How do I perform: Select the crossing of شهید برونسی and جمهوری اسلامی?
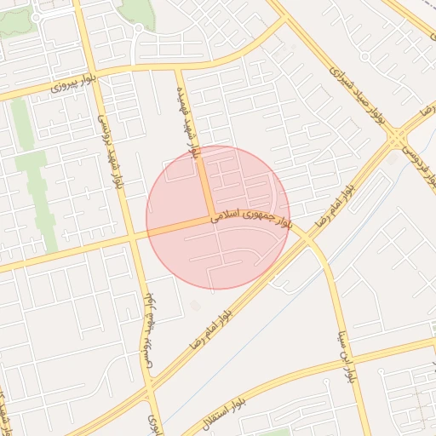click(132, 238)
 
